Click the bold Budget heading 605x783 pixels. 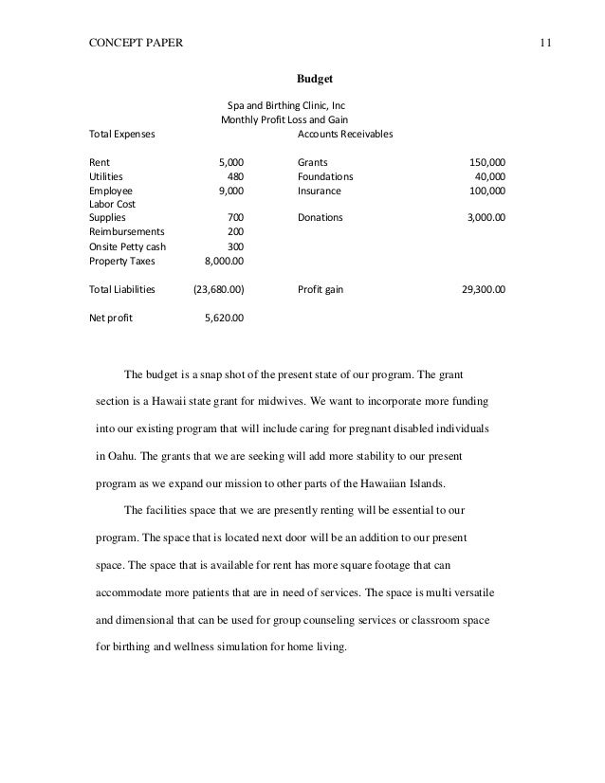(x=314, y=79)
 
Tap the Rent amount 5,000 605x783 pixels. (x=231, y=162)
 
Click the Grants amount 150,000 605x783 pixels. (x=487, y=162)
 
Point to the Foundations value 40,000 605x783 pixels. (x=489, y=176)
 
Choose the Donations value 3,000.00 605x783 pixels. (x=486, y=217)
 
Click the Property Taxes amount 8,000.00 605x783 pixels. (x=225, y=259)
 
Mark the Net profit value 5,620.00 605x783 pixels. (x=225, y=318)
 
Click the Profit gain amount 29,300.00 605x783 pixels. (x=483, y=287)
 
